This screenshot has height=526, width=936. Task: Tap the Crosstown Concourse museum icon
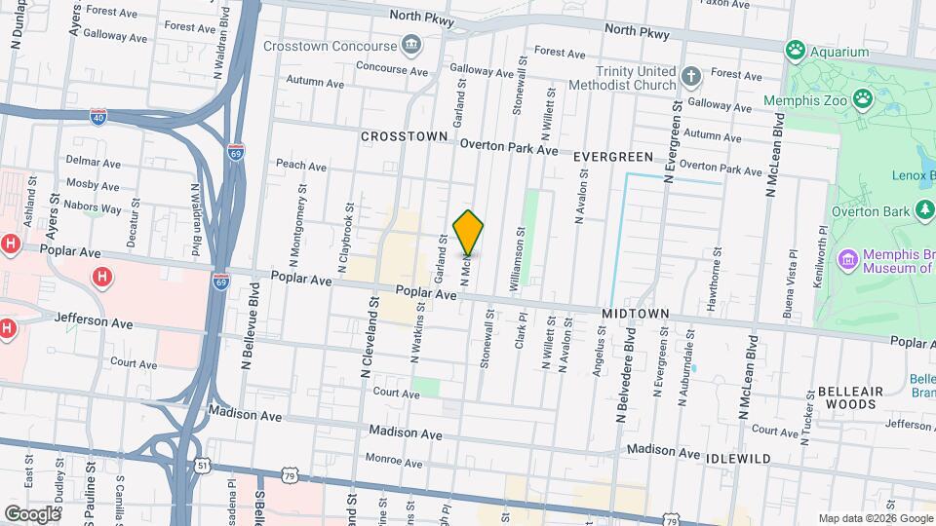[411, 45]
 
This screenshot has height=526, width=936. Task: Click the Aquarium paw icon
[797, 50]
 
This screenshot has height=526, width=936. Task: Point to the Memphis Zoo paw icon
[862, 97]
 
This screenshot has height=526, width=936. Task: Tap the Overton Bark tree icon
[923, 210]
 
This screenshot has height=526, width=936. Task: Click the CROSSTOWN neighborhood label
[404, 137]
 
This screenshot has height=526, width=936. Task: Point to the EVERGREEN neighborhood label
[612, 157]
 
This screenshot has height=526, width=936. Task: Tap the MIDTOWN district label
[636, 314]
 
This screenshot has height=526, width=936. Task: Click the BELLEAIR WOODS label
[850, 396]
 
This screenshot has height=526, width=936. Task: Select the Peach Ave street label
[301, 166]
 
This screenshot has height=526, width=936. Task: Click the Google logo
[32, 513]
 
